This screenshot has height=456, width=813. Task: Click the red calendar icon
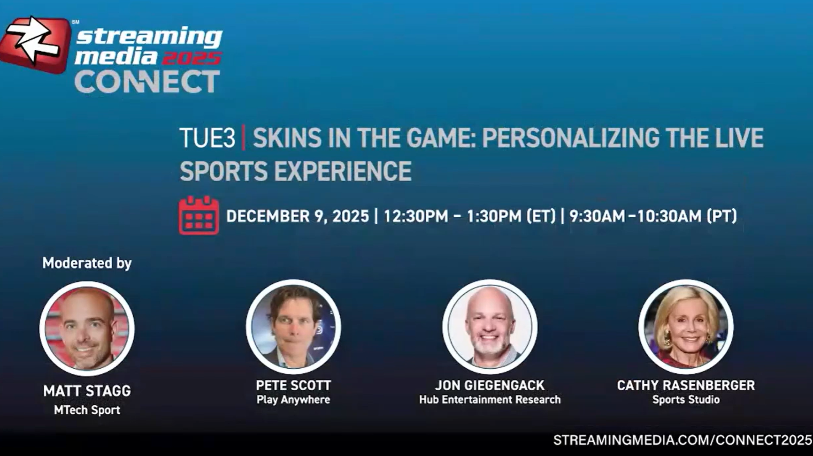point(199,215)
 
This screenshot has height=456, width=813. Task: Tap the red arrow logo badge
point(35,45)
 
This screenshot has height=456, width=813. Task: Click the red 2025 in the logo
point(192,58)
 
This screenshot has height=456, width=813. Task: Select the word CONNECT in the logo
point(147,82)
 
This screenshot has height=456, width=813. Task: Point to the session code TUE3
point(207,138)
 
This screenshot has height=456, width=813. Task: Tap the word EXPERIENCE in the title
point(343,171)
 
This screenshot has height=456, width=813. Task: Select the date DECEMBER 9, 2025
point(298,216)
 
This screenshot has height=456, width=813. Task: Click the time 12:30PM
point(416,216)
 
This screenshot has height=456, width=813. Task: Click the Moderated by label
point(87,263)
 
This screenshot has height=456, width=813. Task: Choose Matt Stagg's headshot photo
point(87,328)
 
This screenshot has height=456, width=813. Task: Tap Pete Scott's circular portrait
point(293,327)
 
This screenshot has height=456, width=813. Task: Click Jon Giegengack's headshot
point(490,327)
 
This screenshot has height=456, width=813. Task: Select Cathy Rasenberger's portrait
point(686,327)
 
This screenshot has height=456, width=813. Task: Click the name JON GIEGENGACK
point(490,386)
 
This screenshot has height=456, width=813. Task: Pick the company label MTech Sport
point(87,410)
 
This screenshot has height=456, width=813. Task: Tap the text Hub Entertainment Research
point(490,400)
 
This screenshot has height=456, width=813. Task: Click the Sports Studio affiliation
point(686,400)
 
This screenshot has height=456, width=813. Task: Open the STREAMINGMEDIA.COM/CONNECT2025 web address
point(683,440)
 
